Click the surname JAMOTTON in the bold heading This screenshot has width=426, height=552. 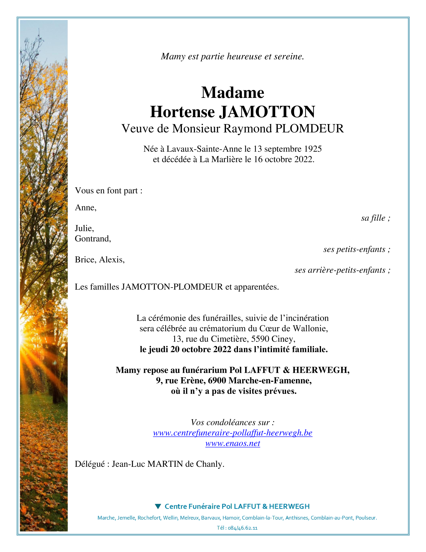267,112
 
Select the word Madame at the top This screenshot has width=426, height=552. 233,92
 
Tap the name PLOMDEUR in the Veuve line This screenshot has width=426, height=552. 309,129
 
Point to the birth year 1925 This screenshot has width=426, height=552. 313,149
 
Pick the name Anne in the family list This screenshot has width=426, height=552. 85,207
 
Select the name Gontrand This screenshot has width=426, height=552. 92,239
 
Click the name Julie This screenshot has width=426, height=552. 84,228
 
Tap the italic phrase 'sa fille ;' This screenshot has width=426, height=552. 375,218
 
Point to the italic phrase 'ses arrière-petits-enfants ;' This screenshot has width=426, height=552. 342,270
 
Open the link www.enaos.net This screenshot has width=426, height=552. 233,443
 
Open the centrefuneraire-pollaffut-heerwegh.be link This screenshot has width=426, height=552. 233,433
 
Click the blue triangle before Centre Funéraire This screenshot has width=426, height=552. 158,506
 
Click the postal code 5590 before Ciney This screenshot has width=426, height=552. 260,339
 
